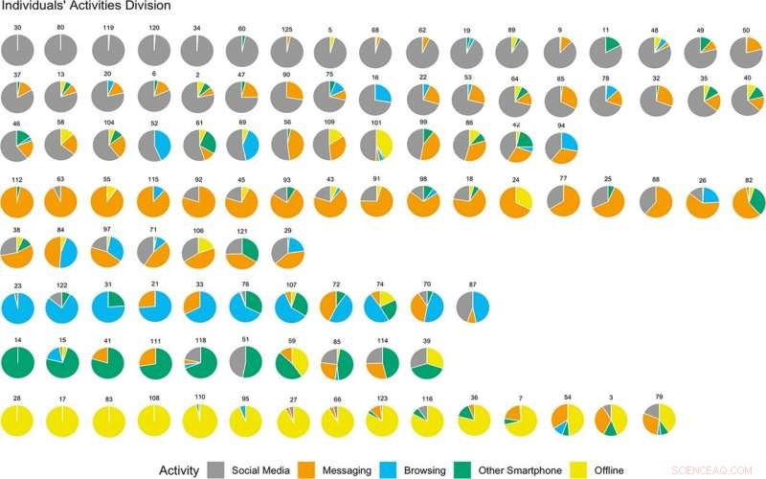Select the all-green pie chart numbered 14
(18, 363)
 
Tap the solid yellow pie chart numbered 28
(18, 419)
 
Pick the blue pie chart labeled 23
(18, 307)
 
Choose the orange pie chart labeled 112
(18, 201)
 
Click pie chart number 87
(472, 307)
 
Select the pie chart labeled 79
(659, 419)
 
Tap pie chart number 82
(748, 201)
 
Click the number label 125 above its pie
(286, 29)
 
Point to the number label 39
(427, 341)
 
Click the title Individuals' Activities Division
(86, 7)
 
